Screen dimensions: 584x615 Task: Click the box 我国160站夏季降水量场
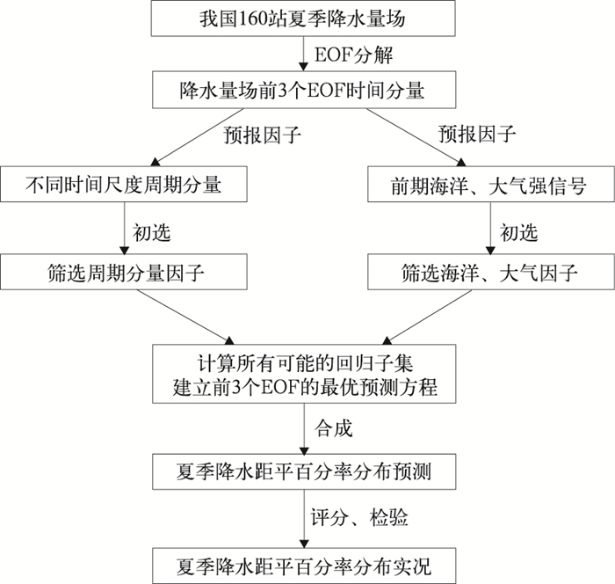[x=304, y=18]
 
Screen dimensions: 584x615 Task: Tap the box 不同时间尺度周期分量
[x=122, y=185]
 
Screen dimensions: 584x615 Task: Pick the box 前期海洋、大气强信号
[x=488, y=185]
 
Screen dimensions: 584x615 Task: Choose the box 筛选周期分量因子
[x=122, y=272]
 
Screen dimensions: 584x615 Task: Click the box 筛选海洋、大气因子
[x=488, y=272]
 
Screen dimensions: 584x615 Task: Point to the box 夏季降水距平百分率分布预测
[x=304, y=474]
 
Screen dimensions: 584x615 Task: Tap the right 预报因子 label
[x=478, y=135]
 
